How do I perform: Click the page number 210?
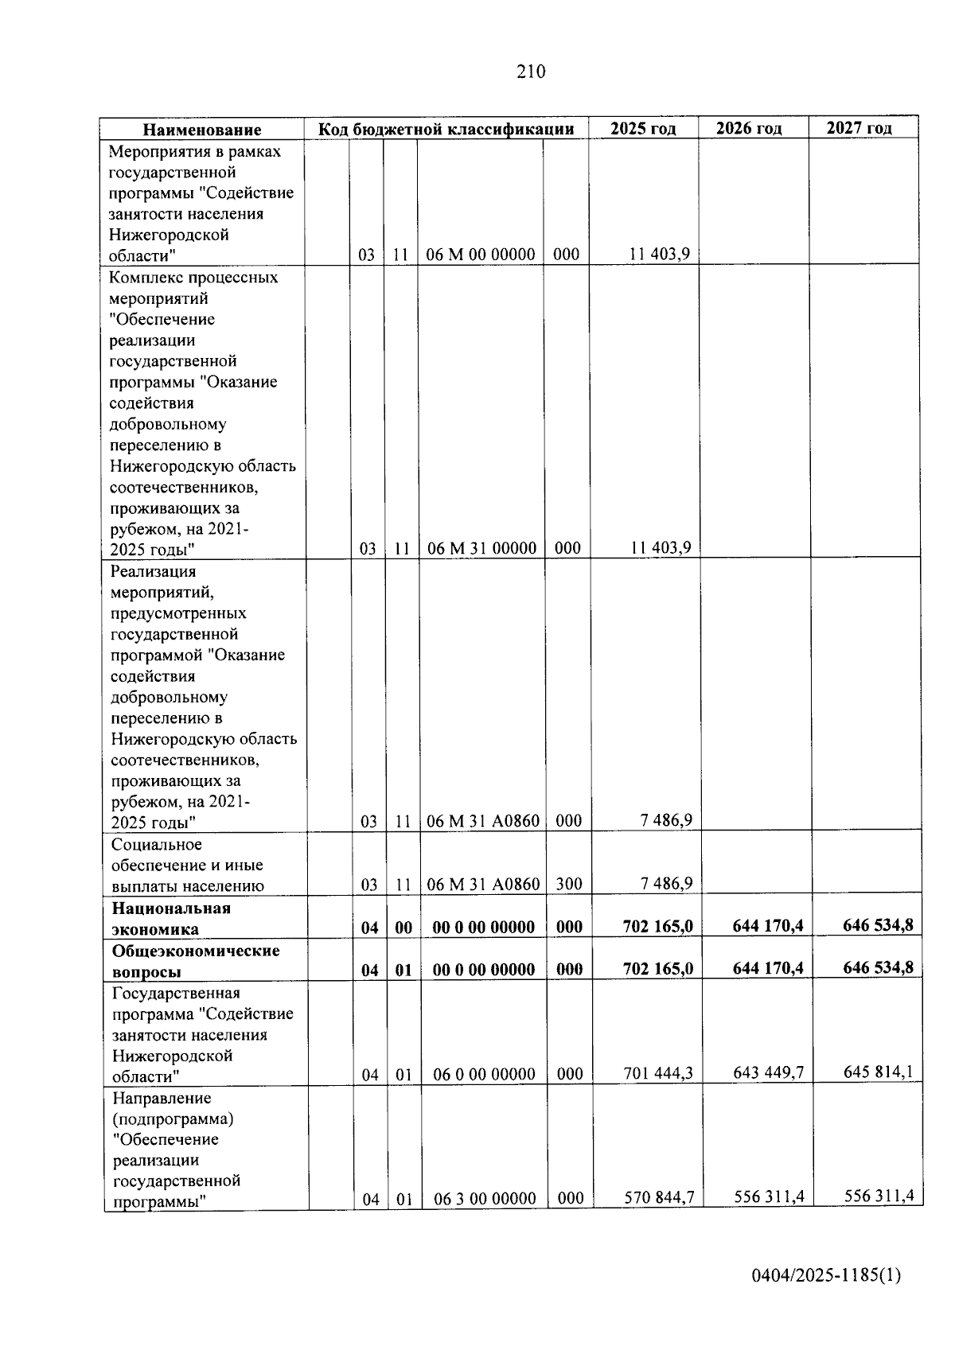point(531,72)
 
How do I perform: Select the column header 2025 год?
point(643,129)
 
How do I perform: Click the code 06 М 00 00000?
point(480,255)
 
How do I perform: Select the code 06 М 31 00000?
point(481,548)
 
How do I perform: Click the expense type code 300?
point(569,884)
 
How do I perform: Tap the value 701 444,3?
point(658,1074)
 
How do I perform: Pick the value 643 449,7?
point(768,1073)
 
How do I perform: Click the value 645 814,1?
point(878,1072)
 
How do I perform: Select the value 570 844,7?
point(659,1197)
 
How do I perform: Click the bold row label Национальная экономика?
point(170,919)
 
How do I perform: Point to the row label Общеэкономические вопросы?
point(195,961)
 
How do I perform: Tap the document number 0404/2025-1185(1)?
point(826,1275)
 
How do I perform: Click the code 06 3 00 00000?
point(485,1198)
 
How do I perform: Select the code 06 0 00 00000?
point(484,1075)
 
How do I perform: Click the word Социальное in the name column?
point(157,844)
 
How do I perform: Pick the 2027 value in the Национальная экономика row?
point(878,925)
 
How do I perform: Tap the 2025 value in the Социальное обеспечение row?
point(666,883)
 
